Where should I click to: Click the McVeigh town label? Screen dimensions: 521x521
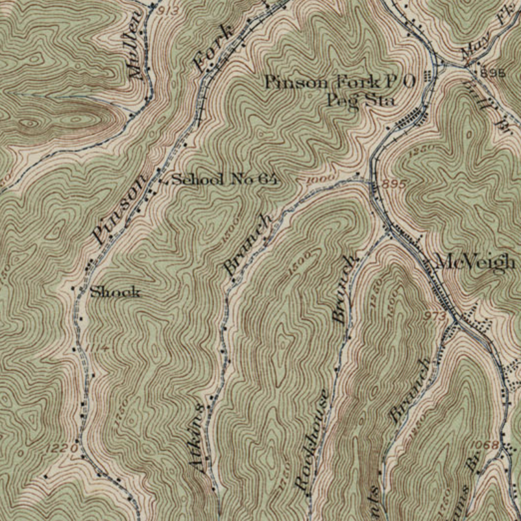pyautogui.click(x=475, y=262)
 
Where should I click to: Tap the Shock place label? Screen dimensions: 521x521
pyautogui.click(x=115, y=292)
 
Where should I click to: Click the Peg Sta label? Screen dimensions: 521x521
pyautogui.click(x=360, y=100)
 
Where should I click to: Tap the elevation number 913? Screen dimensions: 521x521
pyautogui.click(x=168, y=11)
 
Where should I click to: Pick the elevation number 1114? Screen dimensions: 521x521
pyautogui.click(x=97, y=348)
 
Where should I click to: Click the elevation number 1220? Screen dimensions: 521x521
pyautogui.click(x=62, y=448)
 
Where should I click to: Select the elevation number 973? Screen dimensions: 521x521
pyautogui.click(x=435, y=316)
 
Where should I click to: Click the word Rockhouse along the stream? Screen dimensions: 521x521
pyautogui.click(x=312, y=440)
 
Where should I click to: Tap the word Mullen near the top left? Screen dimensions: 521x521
pyautogui.click(x=135, y=45)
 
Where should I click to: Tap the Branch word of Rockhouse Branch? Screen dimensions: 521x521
pyautogui.click(x=345, y=289)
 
